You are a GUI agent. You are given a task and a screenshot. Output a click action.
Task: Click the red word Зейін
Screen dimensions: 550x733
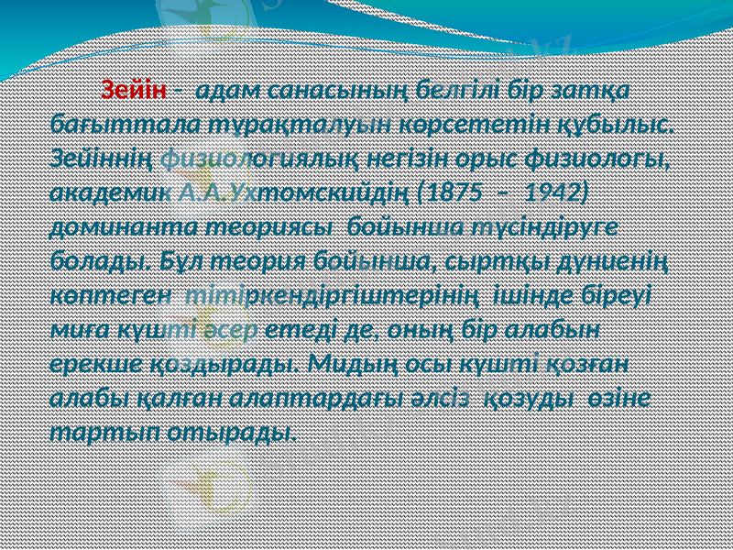pos(134,91)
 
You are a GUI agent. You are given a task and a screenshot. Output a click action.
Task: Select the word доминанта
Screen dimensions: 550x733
pos(112,225)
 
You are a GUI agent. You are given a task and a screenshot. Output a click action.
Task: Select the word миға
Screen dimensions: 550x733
pos(76,329)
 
